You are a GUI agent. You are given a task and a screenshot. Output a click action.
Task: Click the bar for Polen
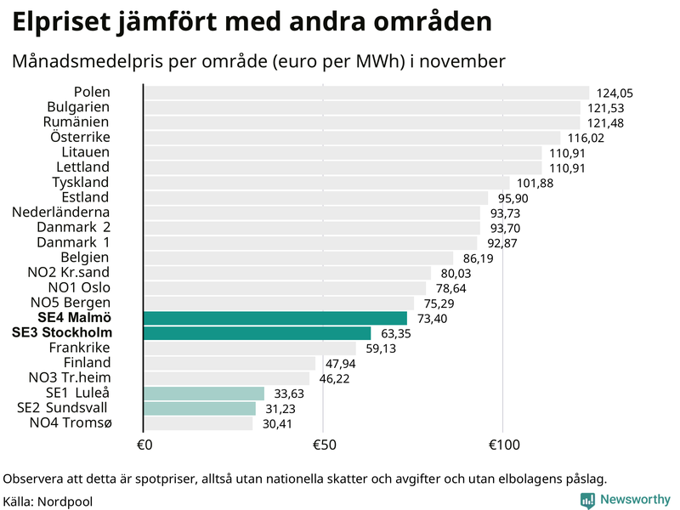[x=365, y=93]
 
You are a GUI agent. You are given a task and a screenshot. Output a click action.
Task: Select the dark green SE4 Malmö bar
[x=275, y=318]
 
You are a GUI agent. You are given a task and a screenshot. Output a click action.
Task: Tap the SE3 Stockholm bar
[x=257, y=333]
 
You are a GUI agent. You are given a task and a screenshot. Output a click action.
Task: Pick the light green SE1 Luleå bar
[x=204, y=393]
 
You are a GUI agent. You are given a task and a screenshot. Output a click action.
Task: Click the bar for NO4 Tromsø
[x=198, y=422]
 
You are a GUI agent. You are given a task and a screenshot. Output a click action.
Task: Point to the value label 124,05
[x=615, y=93]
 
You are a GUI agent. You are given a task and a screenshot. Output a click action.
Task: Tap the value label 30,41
[x=275, y=423]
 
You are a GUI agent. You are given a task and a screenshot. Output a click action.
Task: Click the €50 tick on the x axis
[x=323, y=444]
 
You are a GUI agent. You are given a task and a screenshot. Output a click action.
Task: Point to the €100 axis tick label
[x=503, y=444]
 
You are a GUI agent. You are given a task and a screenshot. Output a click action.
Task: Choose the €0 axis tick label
[x=144, y=444]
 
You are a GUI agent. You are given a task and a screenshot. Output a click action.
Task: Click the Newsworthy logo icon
[x=587, y=501]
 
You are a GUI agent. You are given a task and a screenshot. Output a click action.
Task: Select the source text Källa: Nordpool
[x=48, y=501]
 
